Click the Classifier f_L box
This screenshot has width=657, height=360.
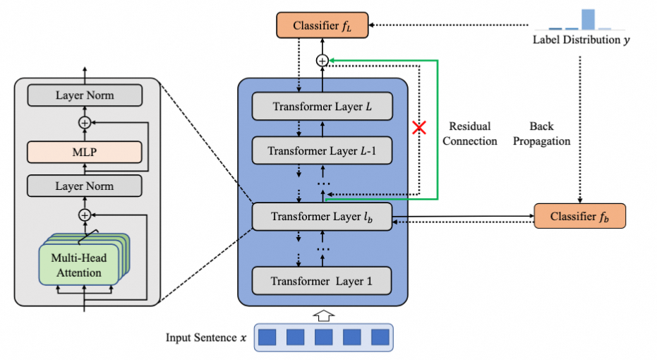click(x=323, y=26)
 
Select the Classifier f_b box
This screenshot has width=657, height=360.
click(x=579, y=216)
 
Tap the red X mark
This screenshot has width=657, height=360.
click(x=421, y=128)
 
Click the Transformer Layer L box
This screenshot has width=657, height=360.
click(x=323, y=107)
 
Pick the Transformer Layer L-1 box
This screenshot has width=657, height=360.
click(x=323, y=151)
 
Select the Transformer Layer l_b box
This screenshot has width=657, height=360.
click(x=323, y=216)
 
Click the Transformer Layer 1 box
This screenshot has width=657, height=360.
click(x=323, y=280)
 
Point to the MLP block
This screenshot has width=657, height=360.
click(x=85, y=152)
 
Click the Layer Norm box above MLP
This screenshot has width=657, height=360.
click(x=85, y=95)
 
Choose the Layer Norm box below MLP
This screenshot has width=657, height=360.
click(x=85, y=186)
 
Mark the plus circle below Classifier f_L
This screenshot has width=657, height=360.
click(x=323, y=61)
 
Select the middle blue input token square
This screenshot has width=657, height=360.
click(x=323, y=337)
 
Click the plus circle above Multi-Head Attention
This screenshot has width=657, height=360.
click(x=85, y=214)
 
